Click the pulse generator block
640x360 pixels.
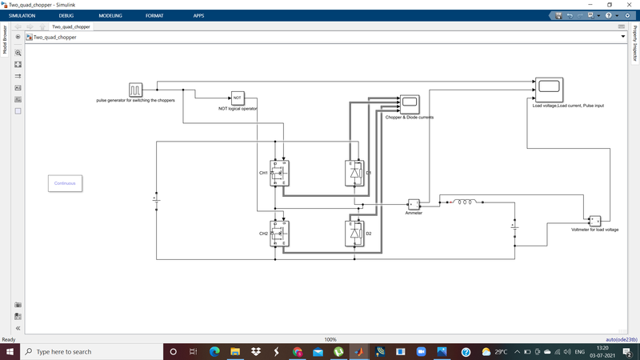pyautogui.click(x=135, y=89)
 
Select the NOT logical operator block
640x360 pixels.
pyautogui.click(x=238, y=98)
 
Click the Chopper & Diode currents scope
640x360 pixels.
pyautogui.click(x=410, y=104)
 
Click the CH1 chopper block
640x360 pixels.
pyautogui.click(x=280, y=173)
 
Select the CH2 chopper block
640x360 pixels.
pyautogui.click(x=280, y=234)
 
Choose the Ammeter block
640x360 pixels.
pyautogui.click(x=414, y=204)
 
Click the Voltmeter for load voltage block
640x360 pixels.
pyautogui.click(x=594, y=221)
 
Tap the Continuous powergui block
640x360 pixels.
pyautogui.click(x=65, y=183)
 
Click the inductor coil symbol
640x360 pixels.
pyautogui.click(x=466, y=202)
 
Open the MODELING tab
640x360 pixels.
pyautogui.click(x=110, y=16)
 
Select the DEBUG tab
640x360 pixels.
pyautogui.click(x=66, y=16)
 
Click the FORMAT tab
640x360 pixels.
pyautogui.click(x=154, y=16)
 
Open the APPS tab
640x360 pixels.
pyautogui.click(x=198, y=16)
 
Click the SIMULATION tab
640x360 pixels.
pyautogui.click(x=22, y=16)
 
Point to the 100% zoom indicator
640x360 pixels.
pyautogui.click(x=330, y=340)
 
